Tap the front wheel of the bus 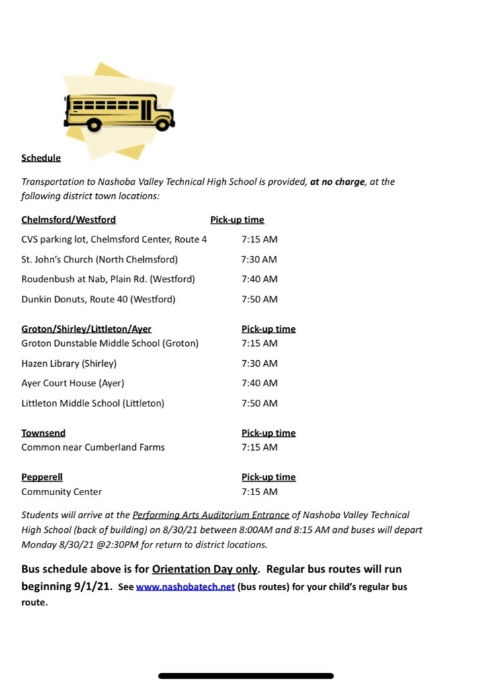(161, 124)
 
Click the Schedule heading (41, 158)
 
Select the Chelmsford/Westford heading (69, 220)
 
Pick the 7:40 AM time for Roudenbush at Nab (259, 279)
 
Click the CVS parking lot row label (114, 239)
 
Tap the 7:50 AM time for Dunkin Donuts (259, 299)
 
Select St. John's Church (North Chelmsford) (99, 259)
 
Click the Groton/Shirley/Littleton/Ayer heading (87, 329)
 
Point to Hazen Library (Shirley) (69, 363)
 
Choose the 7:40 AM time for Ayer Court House (259, 383)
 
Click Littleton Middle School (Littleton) (93, 403)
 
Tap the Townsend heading (44, 433)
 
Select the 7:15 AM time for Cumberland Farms (259, 447)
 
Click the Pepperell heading (42, 477)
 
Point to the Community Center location (62, 492)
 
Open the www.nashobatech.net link (185, 587)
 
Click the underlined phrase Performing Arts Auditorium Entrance (211, 515)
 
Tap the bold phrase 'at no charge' (337, 181)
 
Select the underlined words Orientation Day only (205, 569)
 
